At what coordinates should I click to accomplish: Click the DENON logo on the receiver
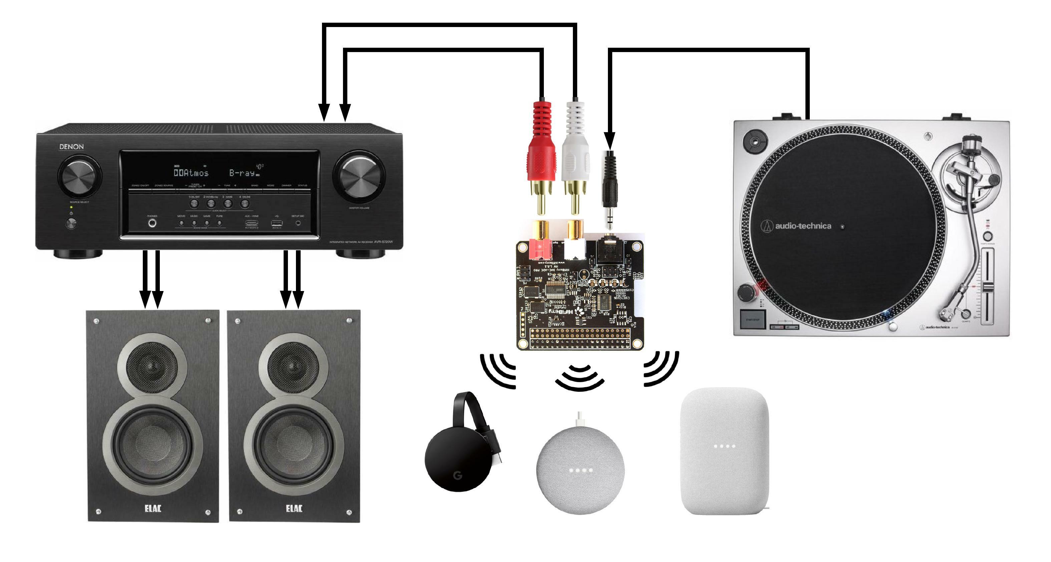71,147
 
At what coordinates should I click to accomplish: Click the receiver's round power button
71,223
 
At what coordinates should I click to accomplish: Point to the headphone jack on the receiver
152,223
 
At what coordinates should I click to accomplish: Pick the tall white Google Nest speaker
725,451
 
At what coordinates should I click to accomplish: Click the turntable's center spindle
842,226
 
